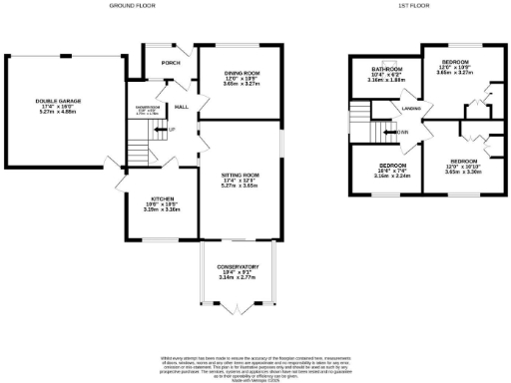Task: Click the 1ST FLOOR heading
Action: pos(412,5)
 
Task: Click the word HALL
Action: pos(183,107)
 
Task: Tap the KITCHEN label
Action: pos(150,198)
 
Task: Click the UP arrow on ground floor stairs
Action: pos(171,130)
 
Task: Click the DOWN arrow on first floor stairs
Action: pos(401,132)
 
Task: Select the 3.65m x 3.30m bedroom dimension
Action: pos(463,172)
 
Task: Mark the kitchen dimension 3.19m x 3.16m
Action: pos(150,210)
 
